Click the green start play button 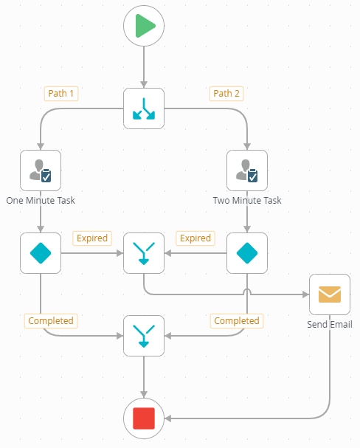pos(144,27)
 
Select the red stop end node pos(144,418)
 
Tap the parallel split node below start pos(143,108)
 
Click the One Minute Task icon pos(41,170)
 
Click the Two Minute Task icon pos(246,170)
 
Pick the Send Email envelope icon pos(329,294)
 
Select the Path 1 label pos(61,94)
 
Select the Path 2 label pos(227,94)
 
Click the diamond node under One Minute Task pos(41,253)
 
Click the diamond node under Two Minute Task pos(246,253)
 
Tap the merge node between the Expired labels pos(143,253)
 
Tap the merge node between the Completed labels pos(143,336)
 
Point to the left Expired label pos(91,238)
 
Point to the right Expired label pos(195,238)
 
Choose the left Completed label pos(51,321)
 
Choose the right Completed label pos(236,321)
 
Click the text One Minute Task pos(41,200)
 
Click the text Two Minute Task pos(246,200)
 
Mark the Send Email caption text pos(329,324)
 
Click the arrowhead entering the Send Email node pos(305,294)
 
